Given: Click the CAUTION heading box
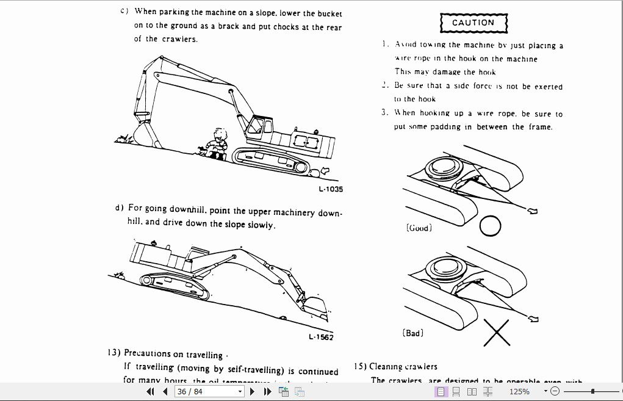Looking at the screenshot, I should click(474, 23).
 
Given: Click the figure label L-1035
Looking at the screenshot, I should click(331, 189).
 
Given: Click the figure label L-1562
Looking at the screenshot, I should click(321, 337).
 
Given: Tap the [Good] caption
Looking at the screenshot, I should click(419, 228).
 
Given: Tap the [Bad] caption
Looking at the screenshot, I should click(413, 333).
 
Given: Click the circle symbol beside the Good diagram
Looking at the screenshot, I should click(490, 226).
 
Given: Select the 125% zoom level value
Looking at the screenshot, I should click(519, 391).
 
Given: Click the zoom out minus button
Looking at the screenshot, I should click(555, 391).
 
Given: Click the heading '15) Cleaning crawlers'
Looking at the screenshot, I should click(396, 366).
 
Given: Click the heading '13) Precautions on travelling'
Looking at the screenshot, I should click(165, 353).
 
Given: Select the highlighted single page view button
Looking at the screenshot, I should click(441, 391).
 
